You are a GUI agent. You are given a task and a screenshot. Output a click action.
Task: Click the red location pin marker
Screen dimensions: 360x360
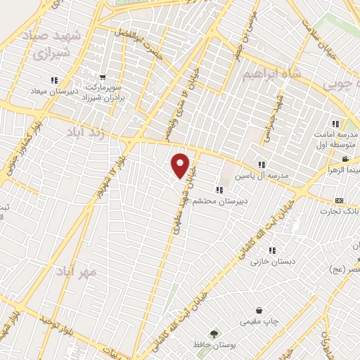point(181,165)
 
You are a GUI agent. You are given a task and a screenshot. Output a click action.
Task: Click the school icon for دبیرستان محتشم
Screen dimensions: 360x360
point(221,189)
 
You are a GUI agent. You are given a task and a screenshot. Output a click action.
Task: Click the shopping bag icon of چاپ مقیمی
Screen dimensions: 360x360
point(259,310)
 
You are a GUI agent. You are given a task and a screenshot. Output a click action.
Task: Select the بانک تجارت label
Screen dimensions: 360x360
point(340,211)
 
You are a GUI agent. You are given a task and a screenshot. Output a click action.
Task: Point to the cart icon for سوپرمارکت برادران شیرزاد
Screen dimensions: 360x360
point(103,77)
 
